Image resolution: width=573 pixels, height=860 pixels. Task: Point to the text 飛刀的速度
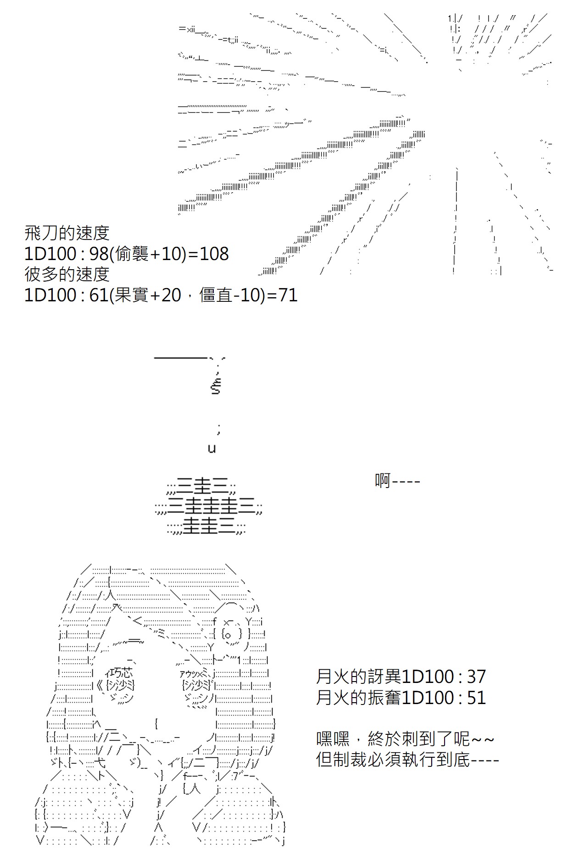point(67,233)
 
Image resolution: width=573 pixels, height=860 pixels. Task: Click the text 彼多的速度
point(67,274)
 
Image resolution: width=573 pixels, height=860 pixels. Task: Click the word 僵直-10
point(230,294)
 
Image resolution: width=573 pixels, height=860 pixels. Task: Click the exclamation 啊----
point(397,481)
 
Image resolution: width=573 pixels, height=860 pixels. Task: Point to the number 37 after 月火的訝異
point(476,677)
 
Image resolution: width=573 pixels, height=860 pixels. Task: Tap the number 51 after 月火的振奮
point(476,698)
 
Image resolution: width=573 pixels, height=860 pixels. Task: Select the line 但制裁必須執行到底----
point(407,760)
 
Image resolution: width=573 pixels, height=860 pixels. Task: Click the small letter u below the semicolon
point(211,449)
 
